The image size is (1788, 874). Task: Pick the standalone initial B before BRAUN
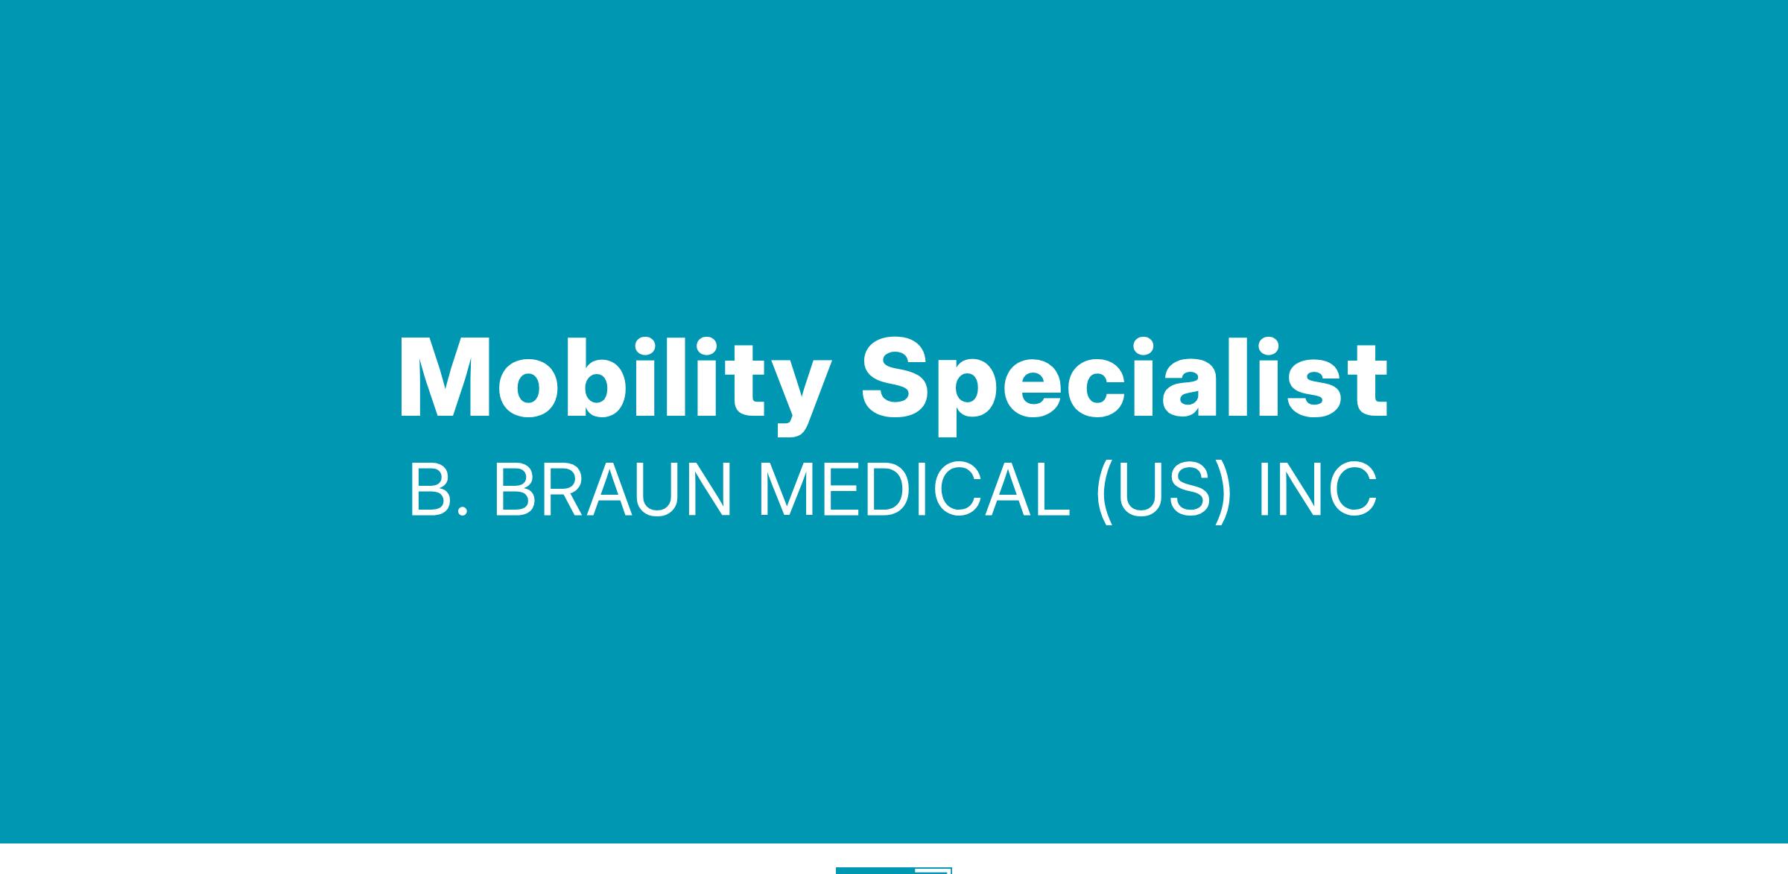click(x=432, y=490)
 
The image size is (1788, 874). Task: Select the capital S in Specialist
click(x=898, y=378)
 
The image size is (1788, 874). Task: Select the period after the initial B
click(x=464, y=510)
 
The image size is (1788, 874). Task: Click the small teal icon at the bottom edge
click(x=894, y=870)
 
